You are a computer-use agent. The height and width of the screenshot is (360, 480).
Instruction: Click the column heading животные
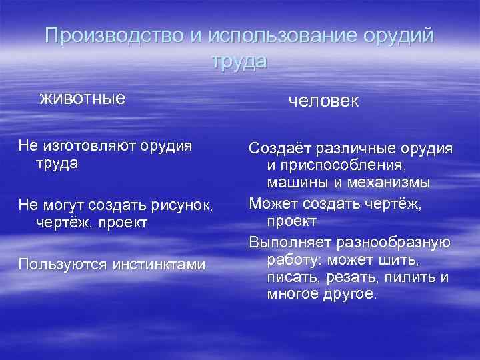click(x=82, y=99)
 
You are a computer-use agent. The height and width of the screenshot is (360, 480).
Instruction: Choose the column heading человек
click(x=323, y=101)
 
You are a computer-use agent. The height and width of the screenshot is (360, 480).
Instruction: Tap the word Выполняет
click(x=286, y=240)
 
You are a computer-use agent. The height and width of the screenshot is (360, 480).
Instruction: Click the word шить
click(x=401, y=257)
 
